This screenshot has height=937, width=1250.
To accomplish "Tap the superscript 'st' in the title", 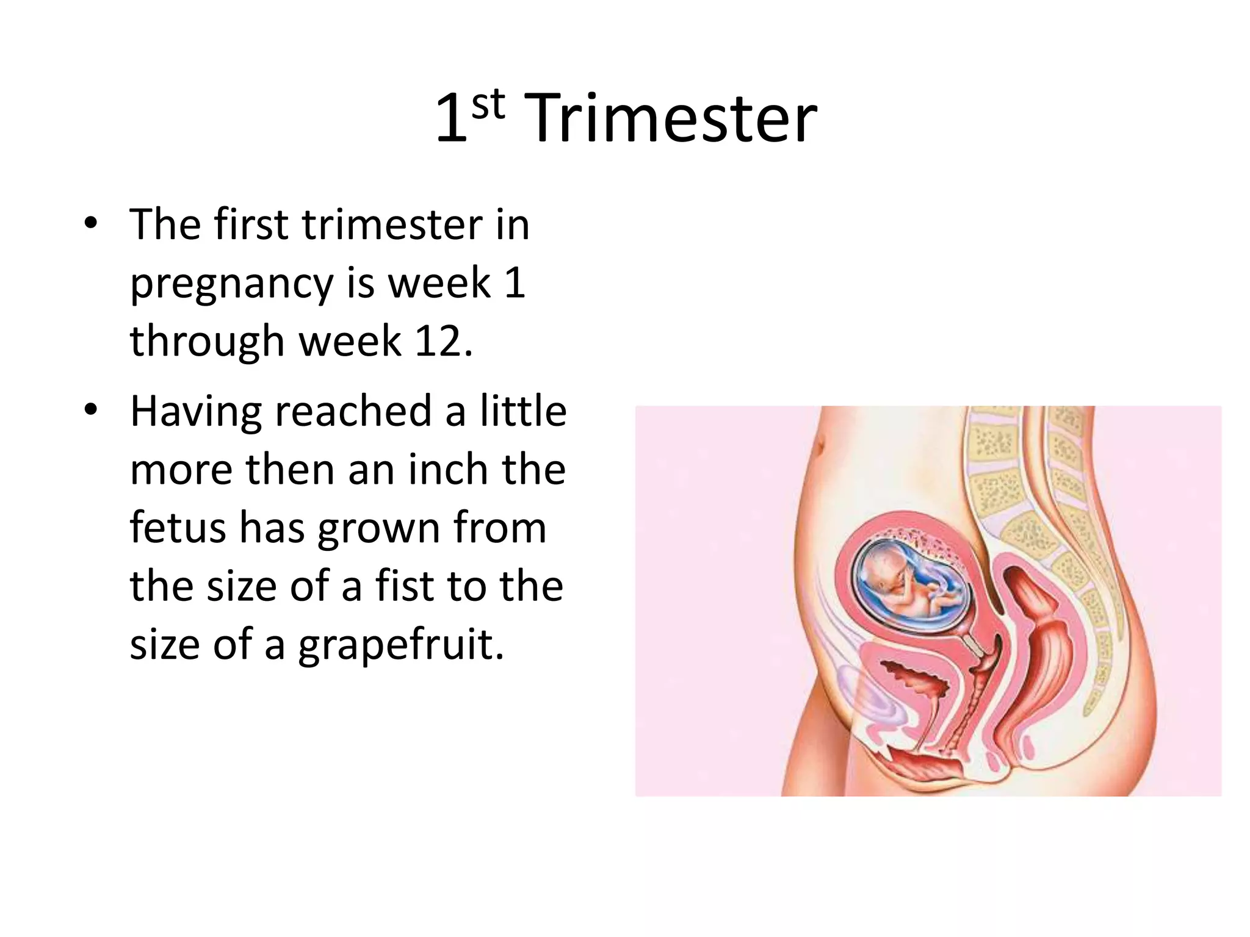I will click(488, 105).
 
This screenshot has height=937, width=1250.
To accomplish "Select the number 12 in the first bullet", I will click(438, 341).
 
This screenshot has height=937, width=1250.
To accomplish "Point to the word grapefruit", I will click(401, 644).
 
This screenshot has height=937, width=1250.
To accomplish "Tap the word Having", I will click(196, 411).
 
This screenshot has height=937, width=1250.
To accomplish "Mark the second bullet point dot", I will click(90, 409).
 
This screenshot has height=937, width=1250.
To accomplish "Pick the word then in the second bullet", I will click(291, 470).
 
